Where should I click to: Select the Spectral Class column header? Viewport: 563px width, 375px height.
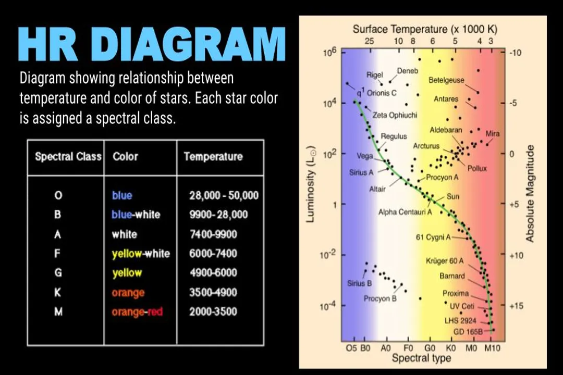tap(68, 156)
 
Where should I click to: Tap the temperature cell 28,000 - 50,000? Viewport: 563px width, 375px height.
tap(224, 195)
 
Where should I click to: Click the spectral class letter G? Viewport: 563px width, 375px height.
tap(58, 273)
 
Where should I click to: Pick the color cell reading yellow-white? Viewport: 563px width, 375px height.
tap(141, 254)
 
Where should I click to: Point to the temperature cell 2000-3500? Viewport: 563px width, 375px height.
tap(213, 311)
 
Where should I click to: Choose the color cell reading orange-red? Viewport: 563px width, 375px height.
tap(137, 312)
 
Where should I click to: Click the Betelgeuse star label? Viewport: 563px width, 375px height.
tap(446, 80)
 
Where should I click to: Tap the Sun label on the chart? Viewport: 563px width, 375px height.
tap(453, 197)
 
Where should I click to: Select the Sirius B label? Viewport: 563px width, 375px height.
tap(360, 283)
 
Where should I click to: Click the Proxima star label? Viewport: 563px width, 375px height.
tap(456, 293)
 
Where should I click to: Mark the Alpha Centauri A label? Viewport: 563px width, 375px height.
tap(405, 212)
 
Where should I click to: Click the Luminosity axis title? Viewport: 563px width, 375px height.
tap(311, 184)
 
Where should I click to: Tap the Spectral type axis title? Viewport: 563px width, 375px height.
tap(421, 358)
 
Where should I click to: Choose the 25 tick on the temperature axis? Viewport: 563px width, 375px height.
tap(369, 41)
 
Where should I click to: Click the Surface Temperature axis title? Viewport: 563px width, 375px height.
tap(425, 29)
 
